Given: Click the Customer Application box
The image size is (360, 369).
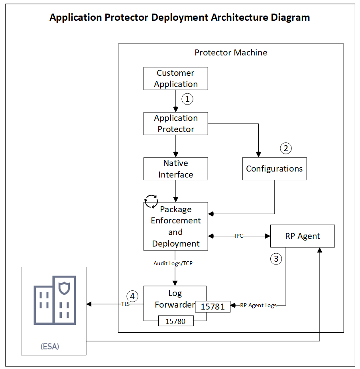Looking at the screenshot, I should (175, 78).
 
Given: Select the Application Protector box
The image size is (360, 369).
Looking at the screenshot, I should (175, 124).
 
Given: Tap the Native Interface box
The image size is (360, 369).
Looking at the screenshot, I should (175, 169).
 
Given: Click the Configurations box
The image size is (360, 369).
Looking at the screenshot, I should (274, 168).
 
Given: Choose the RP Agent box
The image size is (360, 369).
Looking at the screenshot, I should (302, 236).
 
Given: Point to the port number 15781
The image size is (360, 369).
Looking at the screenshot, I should (212, 306).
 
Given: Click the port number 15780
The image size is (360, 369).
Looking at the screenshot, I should (175, 321).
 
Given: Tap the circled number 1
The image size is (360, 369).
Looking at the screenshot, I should (187, 99).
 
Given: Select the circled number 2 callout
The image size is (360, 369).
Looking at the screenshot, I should (285, 148).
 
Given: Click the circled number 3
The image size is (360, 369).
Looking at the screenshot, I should (276, 259).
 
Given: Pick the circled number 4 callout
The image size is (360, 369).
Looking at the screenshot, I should (132, 296).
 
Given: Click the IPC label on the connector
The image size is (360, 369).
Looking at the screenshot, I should (239, 236).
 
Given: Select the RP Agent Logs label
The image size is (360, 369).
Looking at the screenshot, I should (258, 306).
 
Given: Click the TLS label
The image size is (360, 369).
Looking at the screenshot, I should (126, 304).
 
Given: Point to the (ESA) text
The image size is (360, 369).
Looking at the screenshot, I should (50, 346).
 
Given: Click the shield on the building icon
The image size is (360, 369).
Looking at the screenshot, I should (64, 288).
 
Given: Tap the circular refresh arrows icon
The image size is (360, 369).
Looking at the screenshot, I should (151, 201).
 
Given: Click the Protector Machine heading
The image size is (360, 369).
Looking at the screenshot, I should (231, 53).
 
